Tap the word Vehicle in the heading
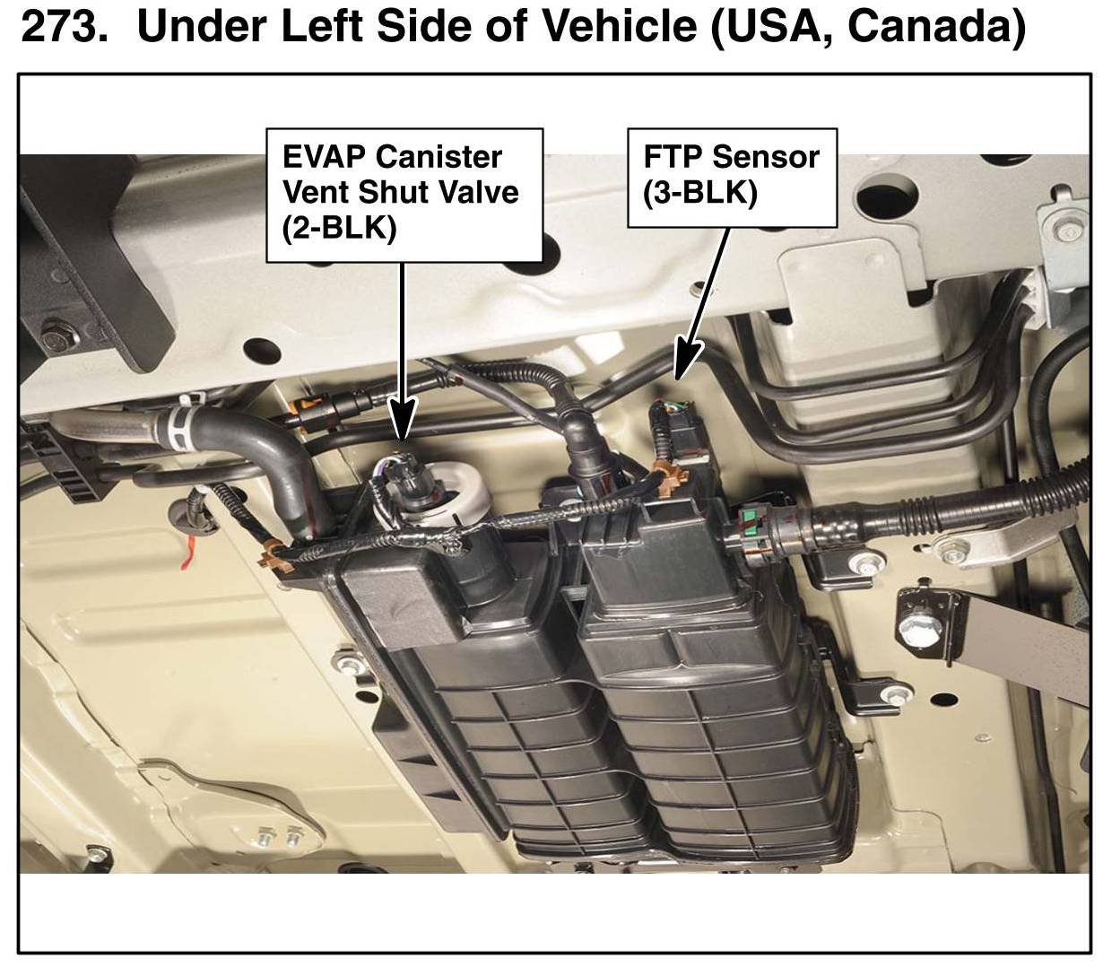coord(620,26)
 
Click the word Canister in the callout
coord(439,158)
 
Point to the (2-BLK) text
coord(339,227)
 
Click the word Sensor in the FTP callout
coord(766,157)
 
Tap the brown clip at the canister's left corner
coord(276,555)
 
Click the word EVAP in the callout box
coord(324,158)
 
